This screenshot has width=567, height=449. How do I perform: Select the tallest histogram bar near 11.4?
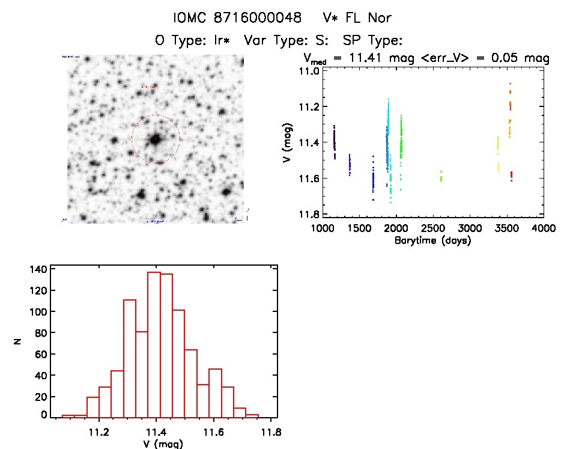[x=154, y=344]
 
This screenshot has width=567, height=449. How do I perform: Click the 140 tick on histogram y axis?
[x=37, y=270]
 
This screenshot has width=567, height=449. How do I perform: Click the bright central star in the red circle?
[x=156, y=139]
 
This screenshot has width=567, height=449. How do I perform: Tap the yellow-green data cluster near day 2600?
[x=441, y=176]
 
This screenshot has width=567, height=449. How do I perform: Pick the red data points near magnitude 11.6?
[x=511, y=176]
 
